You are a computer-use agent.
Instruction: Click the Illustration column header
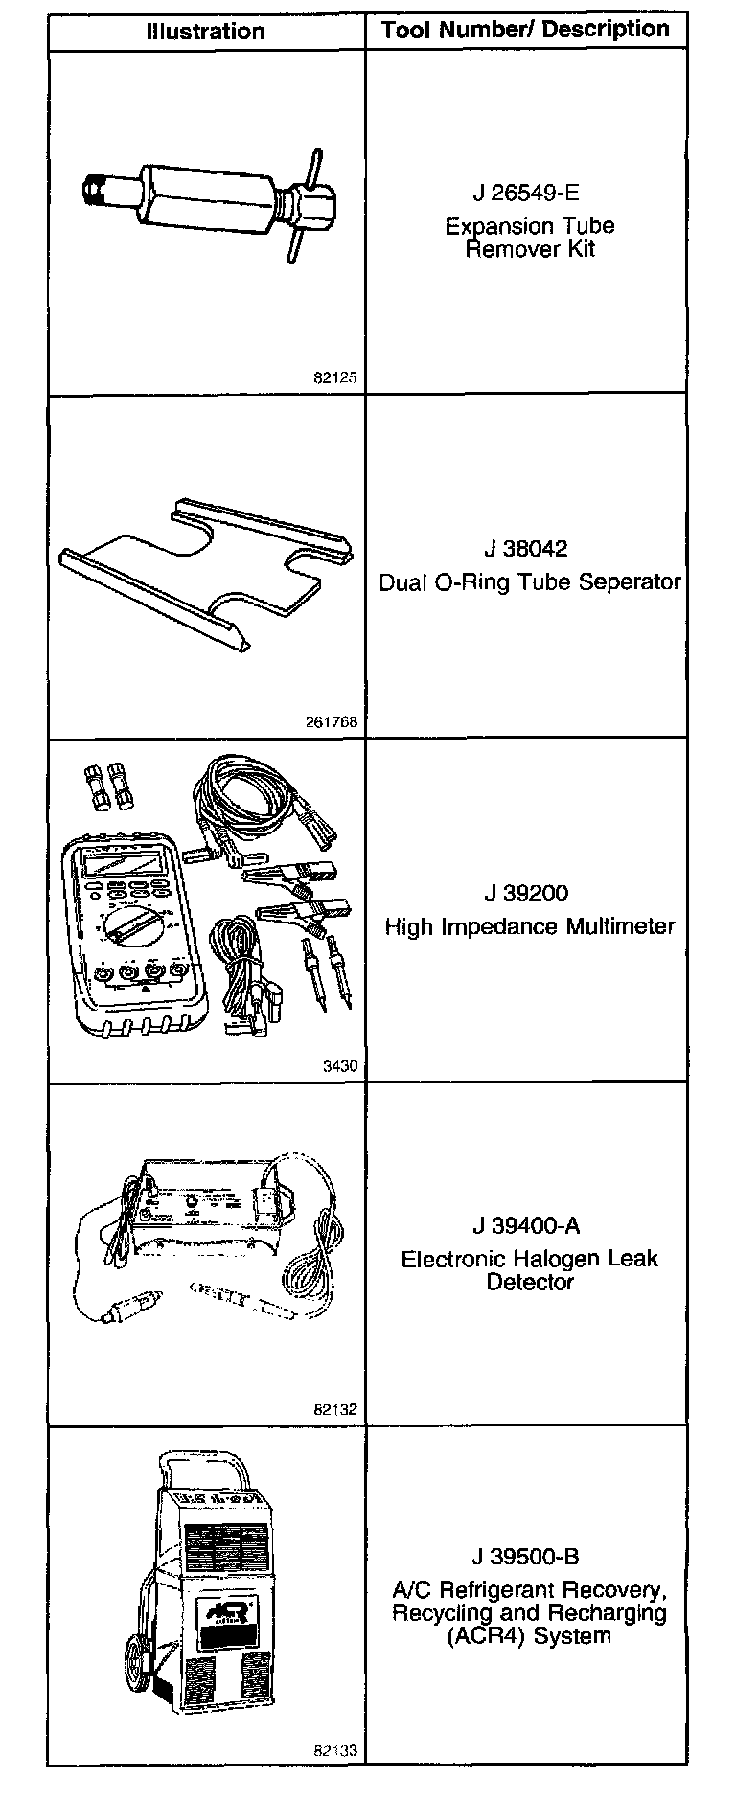[205, 31]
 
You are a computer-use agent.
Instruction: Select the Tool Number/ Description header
[525, 30]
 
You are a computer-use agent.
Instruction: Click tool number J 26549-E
[526, 193]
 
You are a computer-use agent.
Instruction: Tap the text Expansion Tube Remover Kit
[529, 238]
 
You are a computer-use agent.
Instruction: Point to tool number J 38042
[526, 549]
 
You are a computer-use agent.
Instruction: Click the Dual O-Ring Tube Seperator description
[530, 581]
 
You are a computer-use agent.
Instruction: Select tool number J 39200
[526, 894]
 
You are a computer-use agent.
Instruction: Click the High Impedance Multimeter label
[530, 926]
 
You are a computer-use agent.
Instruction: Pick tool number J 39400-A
[526, 1226]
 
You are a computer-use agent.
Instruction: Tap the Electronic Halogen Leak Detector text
[530, 1270]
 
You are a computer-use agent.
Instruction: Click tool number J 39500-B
[526, 1557]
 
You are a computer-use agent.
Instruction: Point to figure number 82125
[335, 377]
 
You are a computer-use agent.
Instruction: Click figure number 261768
[331, 722]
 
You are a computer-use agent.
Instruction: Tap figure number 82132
[335, 1410]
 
